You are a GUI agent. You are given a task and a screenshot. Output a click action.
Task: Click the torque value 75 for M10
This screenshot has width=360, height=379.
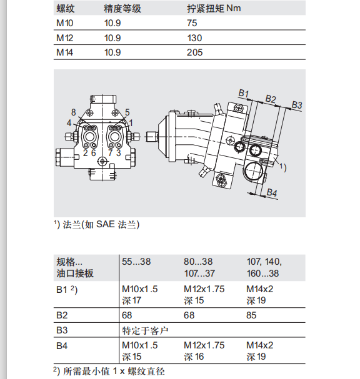[192, 23]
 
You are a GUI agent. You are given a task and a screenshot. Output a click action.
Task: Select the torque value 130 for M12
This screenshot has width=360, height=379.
[194, 38]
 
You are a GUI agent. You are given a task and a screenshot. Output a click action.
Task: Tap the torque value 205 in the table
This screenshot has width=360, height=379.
[194, 52]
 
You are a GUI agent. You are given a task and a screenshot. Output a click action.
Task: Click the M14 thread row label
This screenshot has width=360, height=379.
[64, 52]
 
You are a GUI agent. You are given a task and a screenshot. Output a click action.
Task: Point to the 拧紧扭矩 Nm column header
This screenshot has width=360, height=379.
[214, 9]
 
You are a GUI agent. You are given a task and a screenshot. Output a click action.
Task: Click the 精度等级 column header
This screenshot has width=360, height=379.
[122, 9]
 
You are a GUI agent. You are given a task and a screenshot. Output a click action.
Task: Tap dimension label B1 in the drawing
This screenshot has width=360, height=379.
[244, 93]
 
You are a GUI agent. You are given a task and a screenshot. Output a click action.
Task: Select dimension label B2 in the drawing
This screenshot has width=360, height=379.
[271, 99]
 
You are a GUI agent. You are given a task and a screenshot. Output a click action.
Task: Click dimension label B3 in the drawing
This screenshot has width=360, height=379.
[297, 105]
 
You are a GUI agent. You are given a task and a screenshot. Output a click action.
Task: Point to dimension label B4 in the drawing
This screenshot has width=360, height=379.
[272, 193]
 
